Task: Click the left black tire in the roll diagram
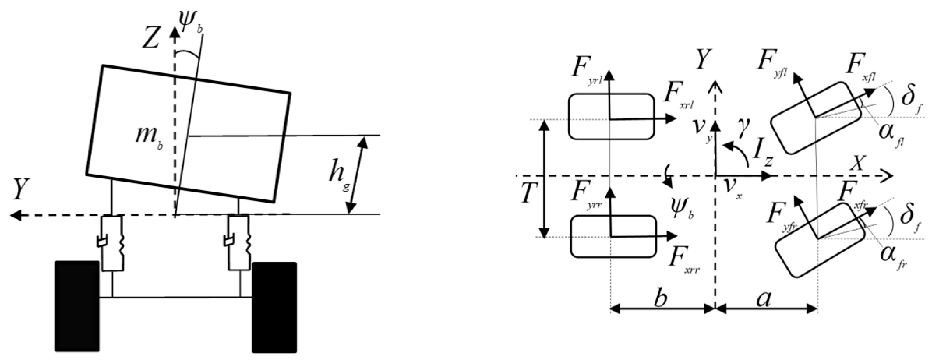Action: click(x=77, y=306)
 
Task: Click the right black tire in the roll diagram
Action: click(x=274, y=307)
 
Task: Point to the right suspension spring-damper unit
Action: click(x=238, y=243)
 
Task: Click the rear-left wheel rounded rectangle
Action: click(x=611, y=116)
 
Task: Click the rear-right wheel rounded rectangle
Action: click(x=613, y=236)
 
